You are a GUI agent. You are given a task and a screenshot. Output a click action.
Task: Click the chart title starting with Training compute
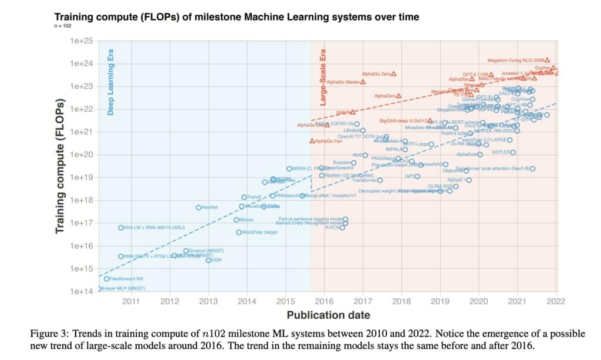point(237,16)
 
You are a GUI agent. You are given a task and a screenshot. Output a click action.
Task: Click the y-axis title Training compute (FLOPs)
point(60,166)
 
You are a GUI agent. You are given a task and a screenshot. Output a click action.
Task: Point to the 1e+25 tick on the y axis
point(82,41)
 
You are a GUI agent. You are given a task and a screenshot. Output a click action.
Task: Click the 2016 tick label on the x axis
point(324,302)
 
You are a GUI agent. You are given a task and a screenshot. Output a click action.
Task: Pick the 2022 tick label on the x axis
point(556,302)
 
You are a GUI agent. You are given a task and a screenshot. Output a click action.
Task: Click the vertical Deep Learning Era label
point(110,82)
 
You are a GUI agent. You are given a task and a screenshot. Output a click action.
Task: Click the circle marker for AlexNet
point(198,207)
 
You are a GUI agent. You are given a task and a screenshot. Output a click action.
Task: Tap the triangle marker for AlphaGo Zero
point(394,73)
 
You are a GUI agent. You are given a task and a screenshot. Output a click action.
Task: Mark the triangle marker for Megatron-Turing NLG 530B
point(547,60)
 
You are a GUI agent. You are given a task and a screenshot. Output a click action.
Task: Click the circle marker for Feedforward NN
point(106,279)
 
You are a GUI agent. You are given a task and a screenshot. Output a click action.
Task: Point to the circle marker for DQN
point(208,260)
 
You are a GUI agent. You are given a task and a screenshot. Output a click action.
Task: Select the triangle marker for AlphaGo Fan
point(312,141)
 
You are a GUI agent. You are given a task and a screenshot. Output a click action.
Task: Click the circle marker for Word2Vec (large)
point(239,232)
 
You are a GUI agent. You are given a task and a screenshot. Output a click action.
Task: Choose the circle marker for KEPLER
point(513,152)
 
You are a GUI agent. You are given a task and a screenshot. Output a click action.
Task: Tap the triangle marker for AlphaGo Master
point(363,82)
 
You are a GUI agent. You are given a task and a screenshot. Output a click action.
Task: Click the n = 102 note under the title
point(63,26)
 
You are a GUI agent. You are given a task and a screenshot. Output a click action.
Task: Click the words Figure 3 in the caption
point(49,334)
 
